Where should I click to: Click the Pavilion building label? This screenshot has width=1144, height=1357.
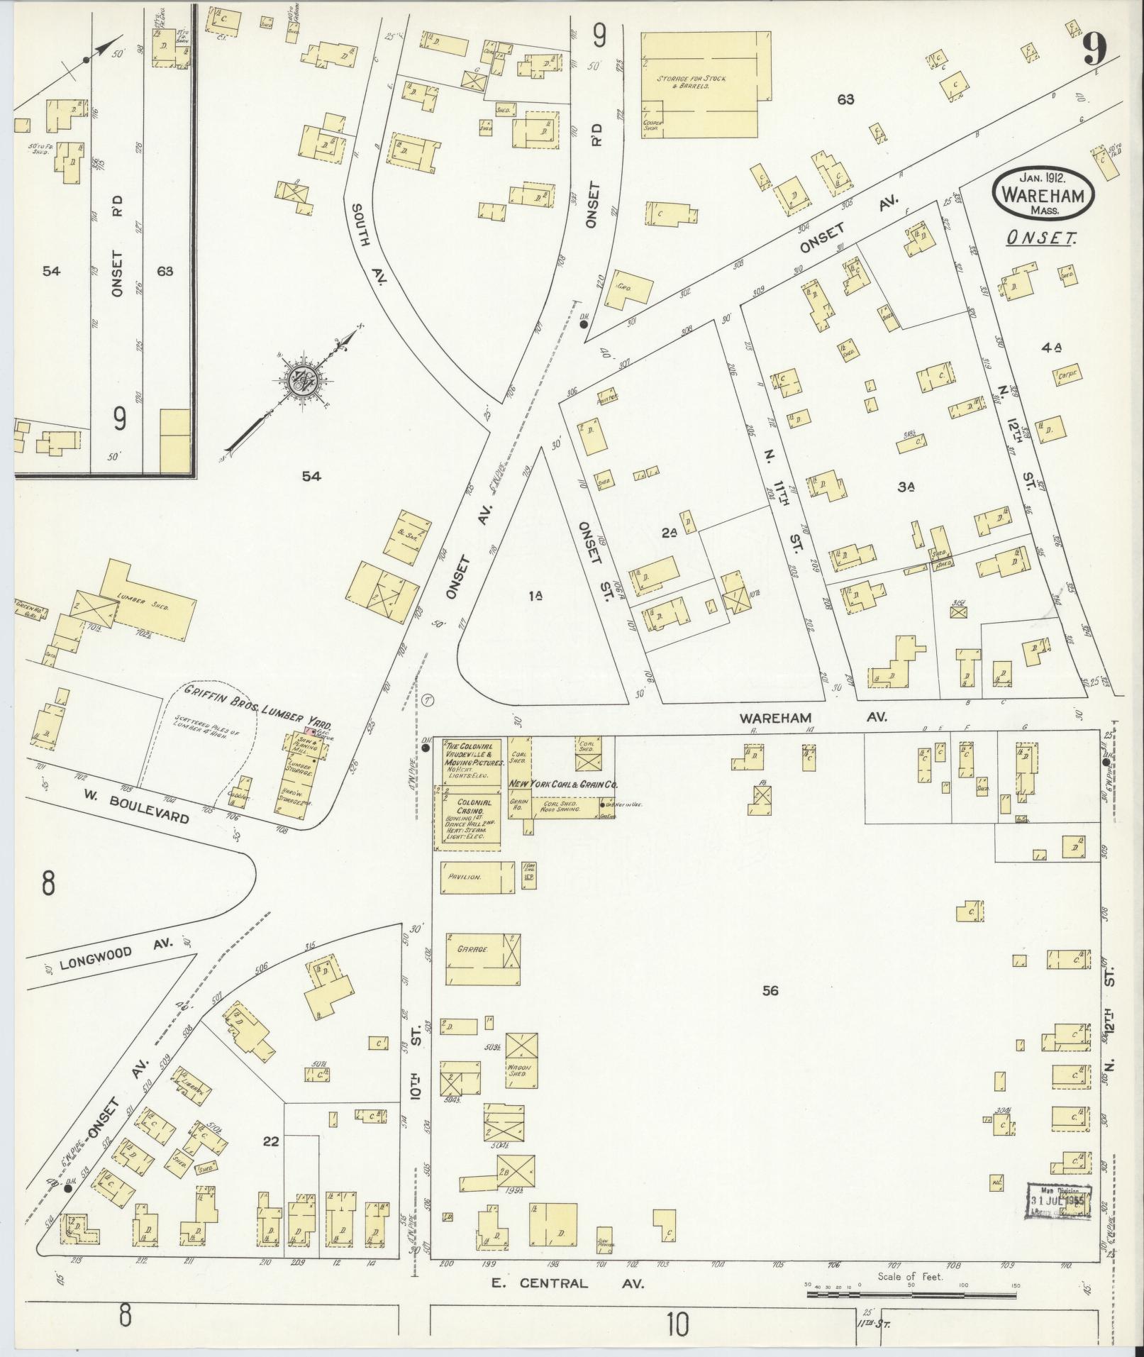[x=465, y=877]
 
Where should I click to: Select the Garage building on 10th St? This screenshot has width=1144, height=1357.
[x=483, y=960]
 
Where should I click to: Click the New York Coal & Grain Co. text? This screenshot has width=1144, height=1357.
[x=564, y=785]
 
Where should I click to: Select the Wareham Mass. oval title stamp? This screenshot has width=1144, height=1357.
[x=1042, y=194]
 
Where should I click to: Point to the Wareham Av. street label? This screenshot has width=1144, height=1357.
[x=813, y=718]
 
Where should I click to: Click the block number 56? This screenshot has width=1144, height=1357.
[x=770, y=990]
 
